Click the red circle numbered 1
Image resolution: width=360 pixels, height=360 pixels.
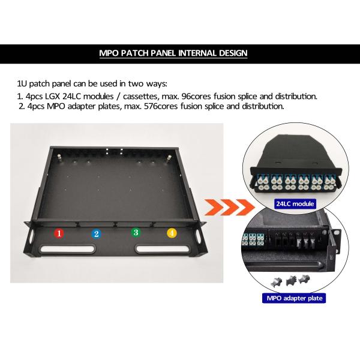tap(59, 233)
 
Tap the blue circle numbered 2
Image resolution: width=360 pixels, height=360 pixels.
tap(97, 234)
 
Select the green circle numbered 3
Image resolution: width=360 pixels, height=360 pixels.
tap(136, 232)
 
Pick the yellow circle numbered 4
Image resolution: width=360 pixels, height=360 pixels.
tap(172, 233)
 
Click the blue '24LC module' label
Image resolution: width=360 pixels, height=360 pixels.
tap(295, 204)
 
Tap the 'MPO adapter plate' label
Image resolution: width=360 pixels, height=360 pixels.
tap(294, 298)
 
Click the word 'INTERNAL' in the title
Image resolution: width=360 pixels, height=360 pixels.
tap(197, 53)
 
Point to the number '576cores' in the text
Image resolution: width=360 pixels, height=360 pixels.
tap(161, 106)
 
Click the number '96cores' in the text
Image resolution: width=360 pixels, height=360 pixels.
tap(196, 96)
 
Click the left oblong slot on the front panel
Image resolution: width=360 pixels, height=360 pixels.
tap(67, 249)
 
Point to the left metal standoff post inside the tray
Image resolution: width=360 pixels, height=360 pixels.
tap(59, 158)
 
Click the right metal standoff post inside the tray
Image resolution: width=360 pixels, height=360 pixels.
tap(169, 158)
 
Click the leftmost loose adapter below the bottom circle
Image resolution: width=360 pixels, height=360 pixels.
tap(276, 282)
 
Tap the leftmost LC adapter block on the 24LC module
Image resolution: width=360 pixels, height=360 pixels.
tap(263, 182)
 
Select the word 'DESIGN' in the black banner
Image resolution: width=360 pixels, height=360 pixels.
tap(233, 53)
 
